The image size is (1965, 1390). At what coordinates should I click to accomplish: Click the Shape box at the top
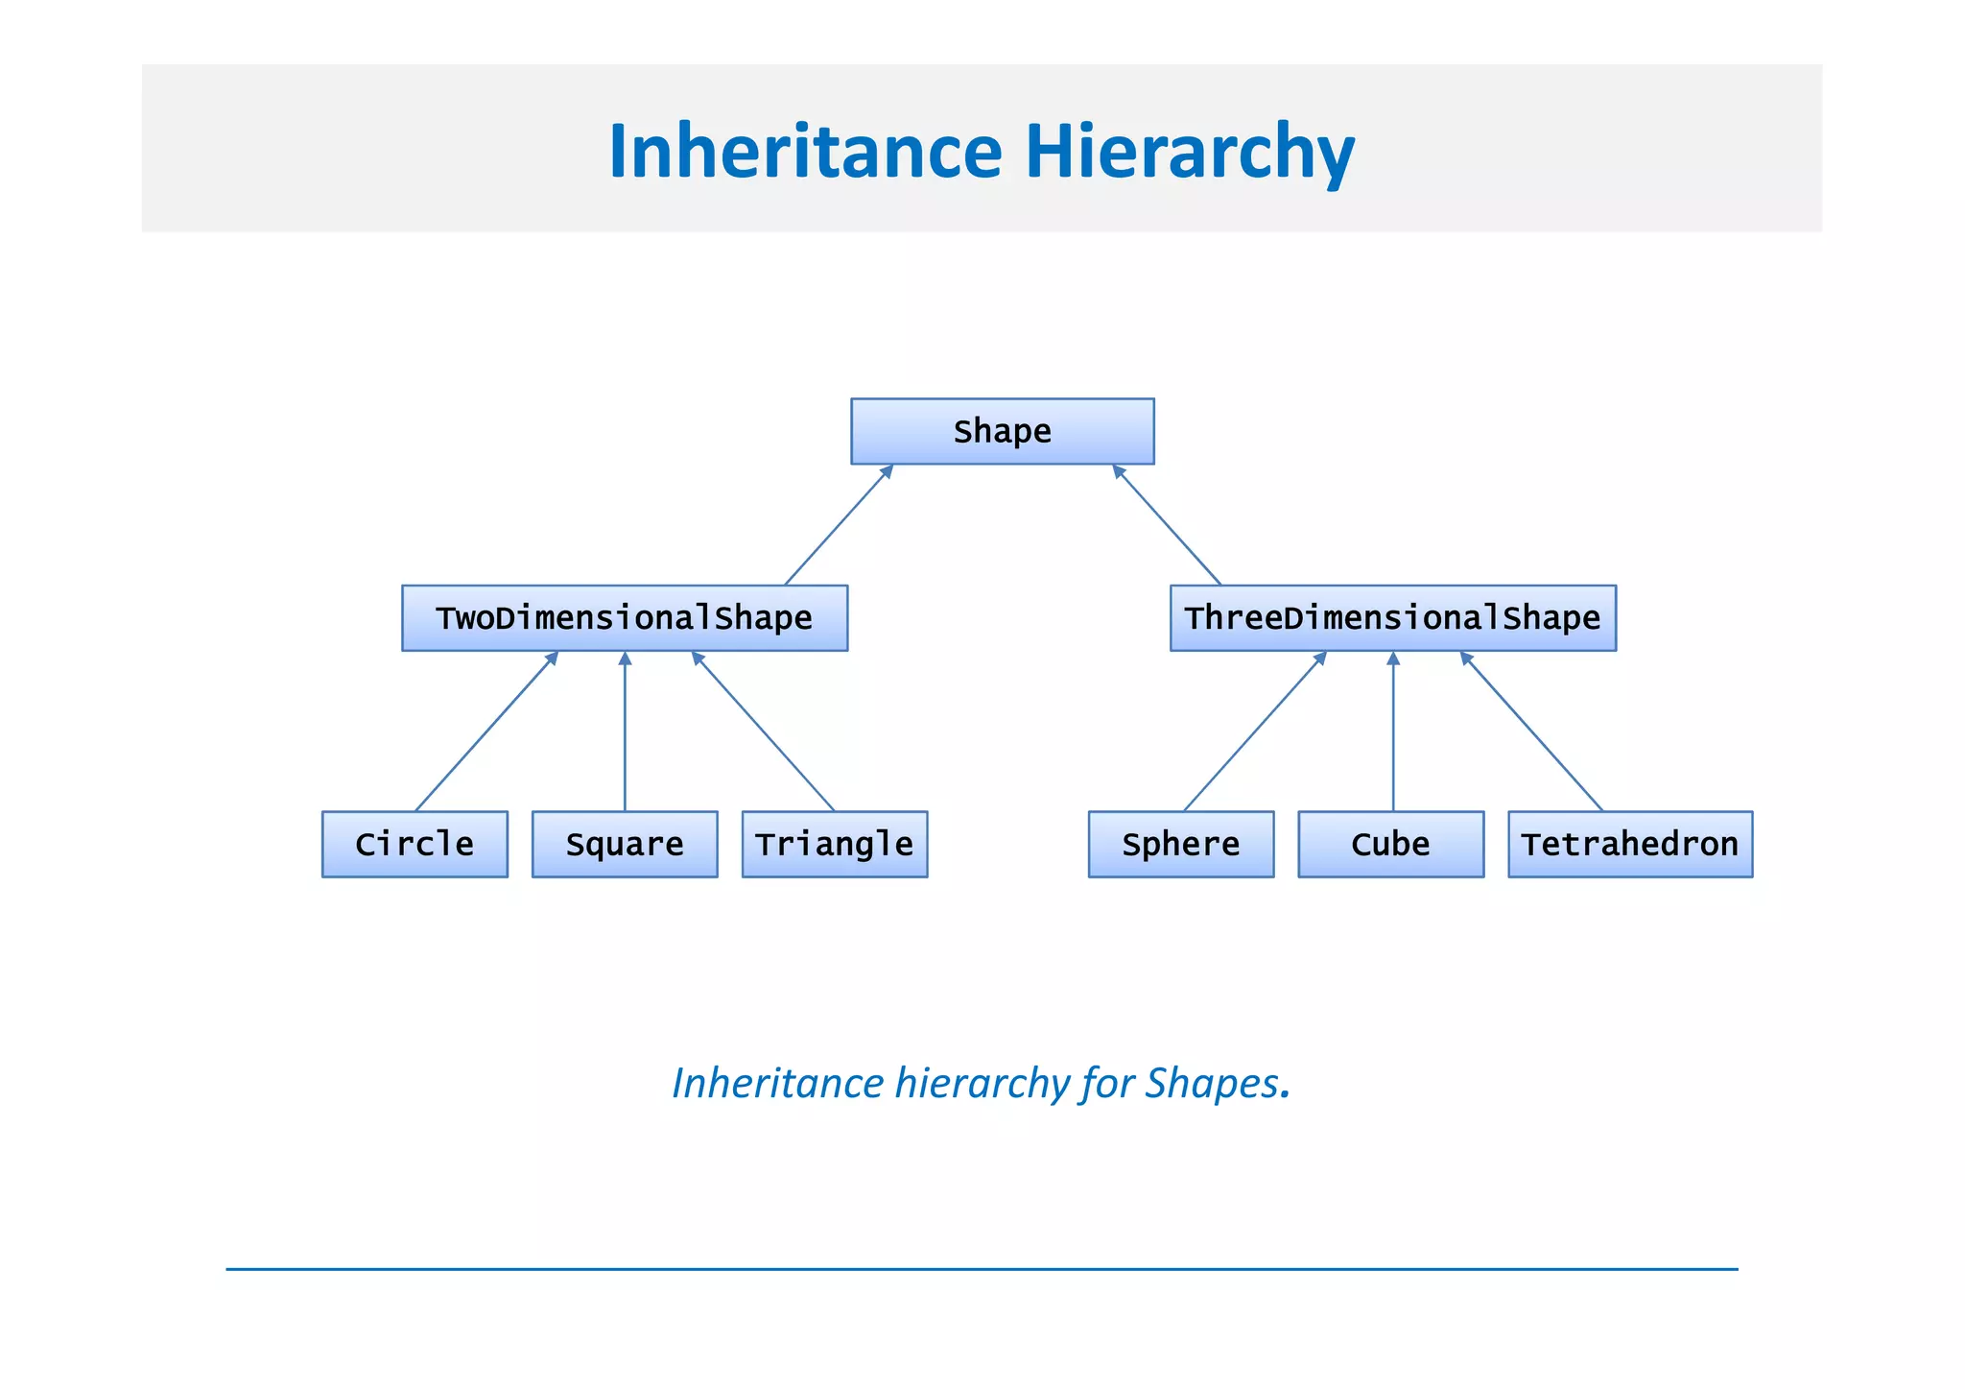(1002, 431)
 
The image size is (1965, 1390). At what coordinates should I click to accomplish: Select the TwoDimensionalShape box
(625, 617)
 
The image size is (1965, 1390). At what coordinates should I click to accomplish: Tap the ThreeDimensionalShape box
(1392, 617)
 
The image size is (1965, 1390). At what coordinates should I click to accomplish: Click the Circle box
(414, 844)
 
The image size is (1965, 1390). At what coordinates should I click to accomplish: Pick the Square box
(625, 844)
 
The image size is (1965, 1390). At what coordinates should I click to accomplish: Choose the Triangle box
(834, 844)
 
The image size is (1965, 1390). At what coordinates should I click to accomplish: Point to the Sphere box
(1180, 844)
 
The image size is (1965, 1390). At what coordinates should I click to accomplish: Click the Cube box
(1390, 844)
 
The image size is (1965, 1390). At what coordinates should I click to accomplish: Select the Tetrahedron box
(1629, 844)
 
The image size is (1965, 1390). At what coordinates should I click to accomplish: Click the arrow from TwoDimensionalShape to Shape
(840, 524)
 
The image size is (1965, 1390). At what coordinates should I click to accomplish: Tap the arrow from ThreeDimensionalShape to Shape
(1167, 524)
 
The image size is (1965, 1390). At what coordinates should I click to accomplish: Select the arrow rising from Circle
(486, 731)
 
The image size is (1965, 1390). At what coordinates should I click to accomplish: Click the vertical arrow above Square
(625, 731)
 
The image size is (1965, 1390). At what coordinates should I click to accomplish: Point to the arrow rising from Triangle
(763, 731)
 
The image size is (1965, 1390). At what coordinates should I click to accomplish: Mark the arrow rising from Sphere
(1255, 731)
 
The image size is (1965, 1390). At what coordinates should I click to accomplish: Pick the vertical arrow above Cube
(1393, 731)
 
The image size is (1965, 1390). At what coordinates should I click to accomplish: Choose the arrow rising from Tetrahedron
(1531, 731)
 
